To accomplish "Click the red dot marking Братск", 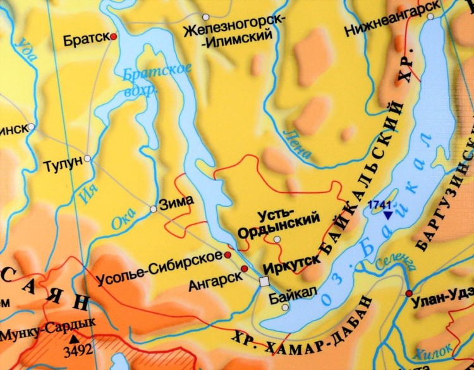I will (114, 37).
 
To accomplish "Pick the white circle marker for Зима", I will (153, 208).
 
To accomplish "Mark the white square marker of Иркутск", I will (264, 281).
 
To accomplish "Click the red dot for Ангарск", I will (244, 269).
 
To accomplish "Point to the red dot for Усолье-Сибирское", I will (228, 254).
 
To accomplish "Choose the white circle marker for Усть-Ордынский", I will (277, 239).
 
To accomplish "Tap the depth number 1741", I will (381, 204).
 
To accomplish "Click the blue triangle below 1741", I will (387, 215).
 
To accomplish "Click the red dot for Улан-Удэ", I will (409, 293).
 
